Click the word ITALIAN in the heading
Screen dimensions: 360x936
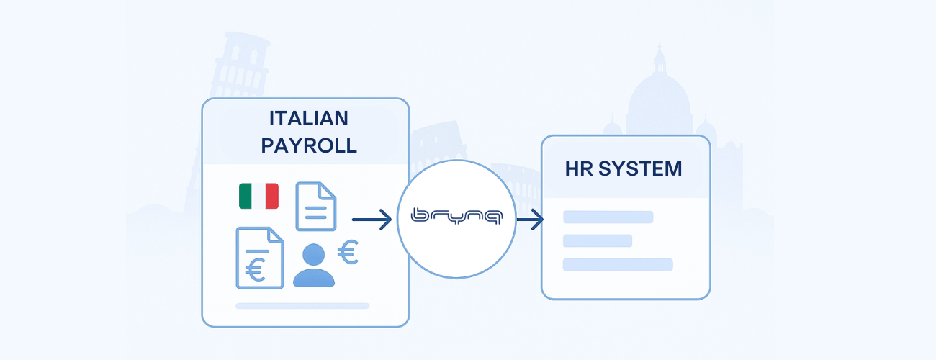point(308,118)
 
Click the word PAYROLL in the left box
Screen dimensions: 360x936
point(308,145)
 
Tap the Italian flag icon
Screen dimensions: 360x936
point(258,196)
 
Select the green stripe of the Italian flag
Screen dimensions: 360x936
point(246,196)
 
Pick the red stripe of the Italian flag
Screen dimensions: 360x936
point(271,196)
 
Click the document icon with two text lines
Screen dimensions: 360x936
point(316,205)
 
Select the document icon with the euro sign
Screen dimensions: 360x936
point(258,258)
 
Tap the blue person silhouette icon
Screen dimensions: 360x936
point(314,265)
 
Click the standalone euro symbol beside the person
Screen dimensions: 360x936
point(348,252)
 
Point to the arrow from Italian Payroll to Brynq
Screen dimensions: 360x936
point(372,219)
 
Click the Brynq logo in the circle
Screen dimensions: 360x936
point(456,217)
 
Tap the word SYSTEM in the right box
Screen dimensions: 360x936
point(640,169)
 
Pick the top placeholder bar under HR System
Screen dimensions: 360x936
point(608,217)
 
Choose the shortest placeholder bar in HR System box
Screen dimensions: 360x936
point(598,240)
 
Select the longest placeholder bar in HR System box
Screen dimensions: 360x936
point(618,264)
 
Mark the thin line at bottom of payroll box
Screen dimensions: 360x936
point(302,306)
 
